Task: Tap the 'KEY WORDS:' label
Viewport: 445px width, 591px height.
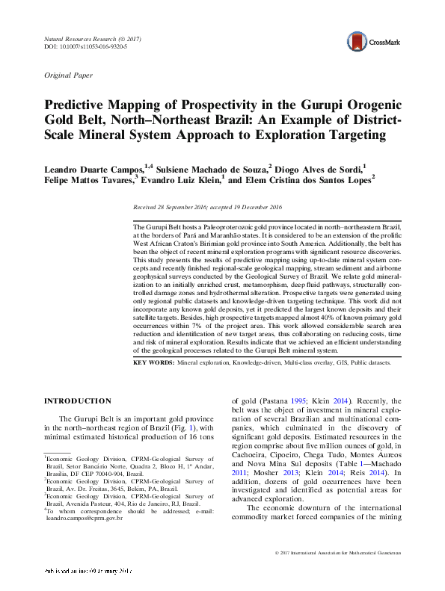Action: tap(153, 362)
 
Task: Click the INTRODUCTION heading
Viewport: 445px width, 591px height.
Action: tap(79, 400)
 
